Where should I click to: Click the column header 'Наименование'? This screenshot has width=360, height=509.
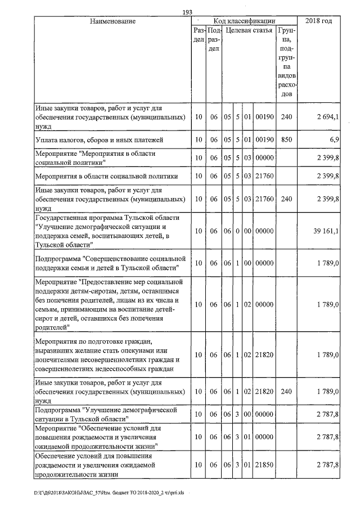click(x=112, y=21)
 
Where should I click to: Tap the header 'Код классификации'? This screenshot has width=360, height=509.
click(x=244, y=21)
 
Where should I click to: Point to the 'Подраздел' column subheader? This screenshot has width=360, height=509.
click(x=213, y=40)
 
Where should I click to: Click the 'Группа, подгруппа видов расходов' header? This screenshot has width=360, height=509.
click(x=287, y=62)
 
